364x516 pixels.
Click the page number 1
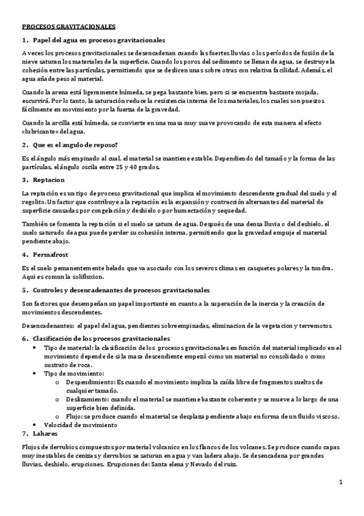click(x=342, y=482)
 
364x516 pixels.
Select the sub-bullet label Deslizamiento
click(x=88, y=399)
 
